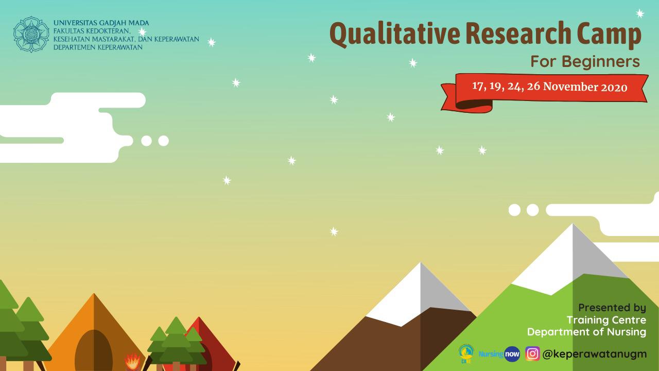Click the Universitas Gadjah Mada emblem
[31, 35]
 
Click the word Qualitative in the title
[394, 34]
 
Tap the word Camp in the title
[609, 35]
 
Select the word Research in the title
[518, 33]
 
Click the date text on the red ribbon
[549, 87]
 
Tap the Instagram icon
[532, 353]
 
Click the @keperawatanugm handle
[594, 354]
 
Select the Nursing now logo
[499, 354]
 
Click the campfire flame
[133, 361]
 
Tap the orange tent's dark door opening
[94, 350]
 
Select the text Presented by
[612, 308]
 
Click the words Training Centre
[606, 320]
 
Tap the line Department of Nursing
[586, 332]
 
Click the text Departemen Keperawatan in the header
[98, 47]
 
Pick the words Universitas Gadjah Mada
[101, 23]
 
